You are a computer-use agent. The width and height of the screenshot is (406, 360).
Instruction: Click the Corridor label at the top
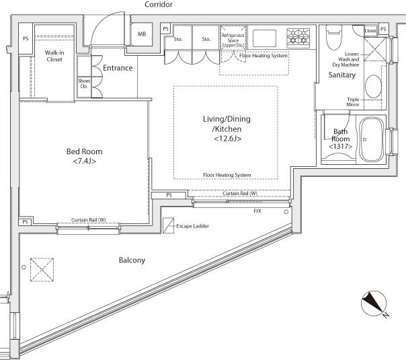click(x=159, y=5)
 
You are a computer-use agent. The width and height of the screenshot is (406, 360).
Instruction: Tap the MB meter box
click(x=141, y=34)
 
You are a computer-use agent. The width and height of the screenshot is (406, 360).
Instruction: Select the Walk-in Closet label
click(x=54, y=56)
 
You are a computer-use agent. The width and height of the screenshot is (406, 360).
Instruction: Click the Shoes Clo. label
click(x=84, y=83)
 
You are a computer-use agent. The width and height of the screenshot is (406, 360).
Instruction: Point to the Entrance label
click(x=118, y=68)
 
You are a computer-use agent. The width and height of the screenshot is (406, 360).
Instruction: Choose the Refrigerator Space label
click(x=233, y=40)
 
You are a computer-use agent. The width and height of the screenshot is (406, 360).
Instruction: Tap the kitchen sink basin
click(x=264, y=38)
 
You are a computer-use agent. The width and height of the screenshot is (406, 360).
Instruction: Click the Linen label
click(x=370, y=30)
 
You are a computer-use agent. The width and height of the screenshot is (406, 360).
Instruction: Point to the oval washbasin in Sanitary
click(x=373, y=86)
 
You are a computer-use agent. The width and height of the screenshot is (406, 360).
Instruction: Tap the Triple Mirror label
click(x=353, y=102)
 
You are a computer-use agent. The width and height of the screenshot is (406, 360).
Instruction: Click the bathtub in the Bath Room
click(x=371, y=139)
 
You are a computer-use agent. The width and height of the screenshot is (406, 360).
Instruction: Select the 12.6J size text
click(x=228, y=139)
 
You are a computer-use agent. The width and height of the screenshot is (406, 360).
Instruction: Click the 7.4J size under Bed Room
click(x=85, y=161)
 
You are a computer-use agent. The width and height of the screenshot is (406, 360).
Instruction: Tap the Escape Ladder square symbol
click(x=168, y=225)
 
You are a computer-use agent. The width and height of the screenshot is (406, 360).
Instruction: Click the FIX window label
click(x=257, y=211)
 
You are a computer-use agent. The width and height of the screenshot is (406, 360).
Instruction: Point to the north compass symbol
click(x=374, y=303)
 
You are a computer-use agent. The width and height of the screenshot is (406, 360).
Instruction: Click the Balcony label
click(x=132, y=260)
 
